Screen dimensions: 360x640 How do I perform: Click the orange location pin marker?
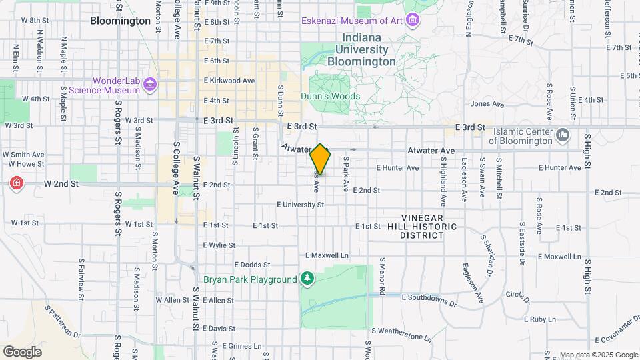(321, 159)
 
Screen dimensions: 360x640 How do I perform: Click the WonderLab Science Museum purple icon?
(150, 85)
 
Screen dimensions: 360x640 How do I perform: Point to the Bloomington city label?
(120, 21)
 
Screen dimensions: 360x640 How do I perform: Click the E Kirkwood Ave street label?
(229, 81)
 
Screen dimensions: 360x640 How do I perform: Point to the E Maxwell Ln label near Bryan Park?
(327, 255)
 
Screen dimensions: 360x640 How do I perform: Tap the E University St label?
(303, 205)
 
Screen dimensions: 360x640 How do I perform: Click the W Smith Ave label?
(25, 153)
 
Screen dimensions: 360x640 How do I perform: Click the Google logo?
(22, 351)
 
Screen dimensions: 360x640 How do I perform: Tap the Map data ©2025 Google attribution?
(598, 355)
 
